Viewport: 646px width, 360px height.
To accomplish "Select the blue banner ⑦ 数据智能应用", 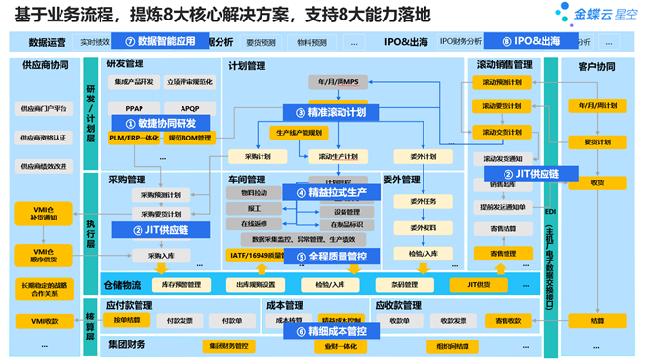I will coord(160,42).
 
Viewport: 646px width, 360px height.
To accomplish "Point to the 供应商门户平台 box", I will coord(44,108).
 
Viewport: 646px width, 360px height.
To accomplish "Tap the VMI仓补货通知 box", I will coord(36,212).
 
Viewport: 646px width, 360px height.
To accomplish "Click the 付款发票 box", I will coord(178,320).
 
